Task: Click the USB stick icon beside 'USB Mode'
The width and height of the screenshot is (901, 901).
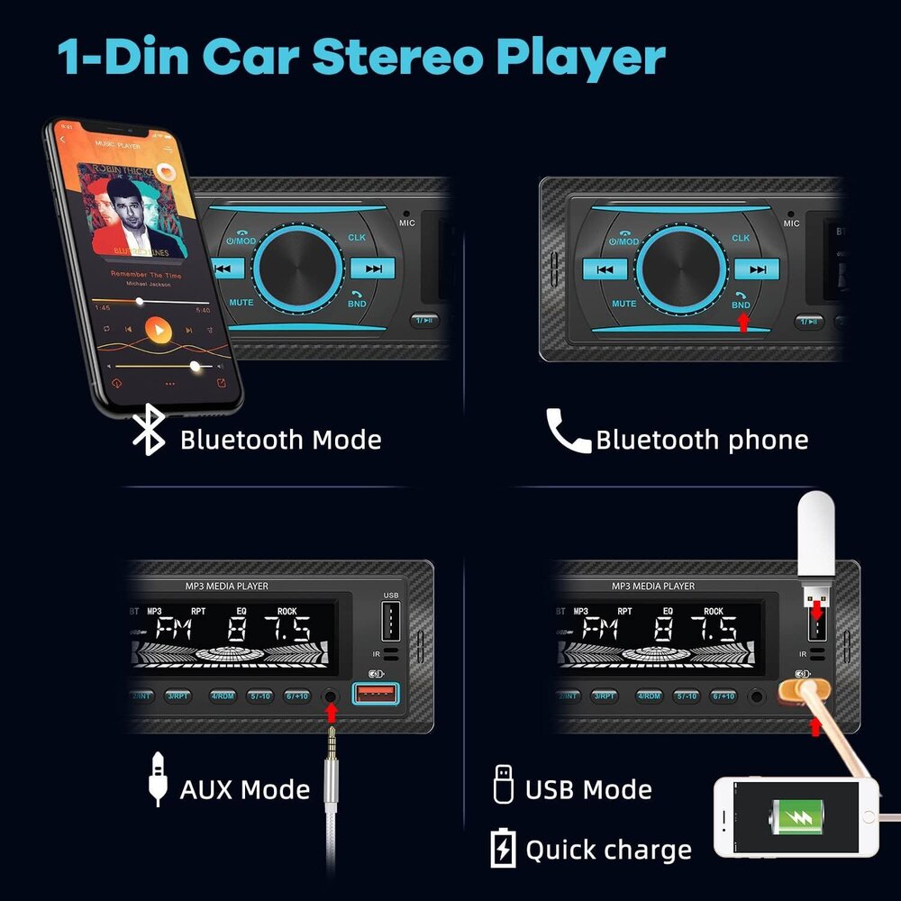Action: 503,784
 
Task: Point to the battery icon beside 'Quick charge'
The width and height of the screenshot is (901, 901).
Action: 502,848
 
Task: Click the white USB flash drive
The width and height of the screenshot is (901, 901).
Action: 817,541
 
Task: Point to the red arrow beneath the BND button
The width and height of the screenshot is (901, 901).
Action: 742,322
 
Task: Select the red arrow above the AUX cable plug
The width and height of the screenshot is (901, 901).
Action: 332,713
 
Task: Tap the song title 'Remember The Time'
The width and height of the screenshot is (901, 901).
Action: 145,274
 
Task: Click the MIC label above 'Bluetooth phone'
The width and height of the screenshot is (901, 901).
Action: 791,223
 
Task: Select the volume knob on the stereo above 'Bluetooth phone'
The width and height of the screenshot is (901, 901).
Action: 682,268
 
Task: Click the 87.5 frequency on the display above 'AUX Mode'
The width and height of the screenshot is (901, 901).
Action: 262,627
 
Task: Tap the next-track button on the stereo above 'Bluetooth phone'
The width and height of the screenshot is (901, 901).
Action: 756,268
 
